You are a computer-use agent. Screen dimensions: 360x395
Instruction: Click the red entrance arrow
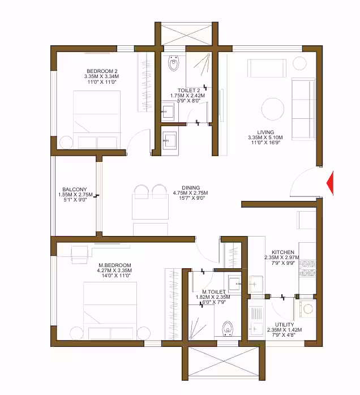pyautogui.click(x=331, y=183)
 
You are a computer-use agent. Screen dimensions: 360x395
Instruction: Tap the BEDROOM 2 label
pyautogui.click(x=102, y=71)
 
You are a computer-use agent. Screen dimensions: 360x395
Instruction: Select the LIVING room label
pyautogui.click(x=265, y=132)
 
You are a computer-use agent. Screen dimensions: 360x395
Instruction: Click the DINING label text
pyautogui.click(x=191, y=188)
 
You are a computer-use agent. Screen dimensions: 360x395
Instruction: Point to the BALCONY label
pyautogui.click(x=75, y=189)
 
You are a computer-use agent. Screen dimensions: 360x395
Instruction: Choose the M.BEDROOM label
pyautogui.click(x=115, y=265)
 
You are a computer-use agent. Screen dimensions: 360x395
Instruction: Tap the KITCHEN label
pyautogui.click(x=283, y=252)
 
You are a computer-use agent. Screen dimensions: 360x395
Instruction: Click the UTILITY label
pyautogui.click(x=284, y=325)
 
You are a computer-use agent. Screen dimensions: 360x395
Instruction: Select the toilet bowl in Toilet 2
pyautogui.click(x=174, y=63)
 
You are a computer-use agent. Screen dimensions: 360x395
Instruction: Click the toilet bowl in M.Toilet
pyautogui.click(x=228, y=328)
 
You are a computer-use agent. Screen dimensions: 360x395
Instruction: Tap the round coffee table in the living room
pyautogui.click(x=273, y=109)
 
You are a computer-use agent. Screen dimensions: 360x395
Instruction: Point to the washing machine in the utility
pyautogui.click(x=307, y=308)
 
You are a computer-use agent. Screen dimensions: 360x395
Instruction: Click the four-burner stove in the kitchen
pyautogui.click(x=307, y=268)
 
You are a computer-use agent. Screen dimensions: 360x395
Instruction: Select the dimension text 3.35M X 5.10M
pyautogui.click(x=265, y=138)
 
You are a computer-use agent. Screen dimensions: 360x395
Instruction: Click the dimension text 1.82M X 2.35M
pyautogui.click(x=213, y=297)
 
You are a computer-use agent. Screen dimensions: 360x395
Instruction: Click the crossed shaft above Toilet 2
pyautogui.click(x=186, y=35)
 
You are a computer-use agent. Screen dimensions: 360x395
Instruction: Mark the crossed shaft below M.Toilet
pyautogui.click(x=224, y=362)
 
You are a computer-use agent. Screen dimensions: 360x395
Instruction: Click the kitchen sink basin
pyautogui.click(x=255, y=285)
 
